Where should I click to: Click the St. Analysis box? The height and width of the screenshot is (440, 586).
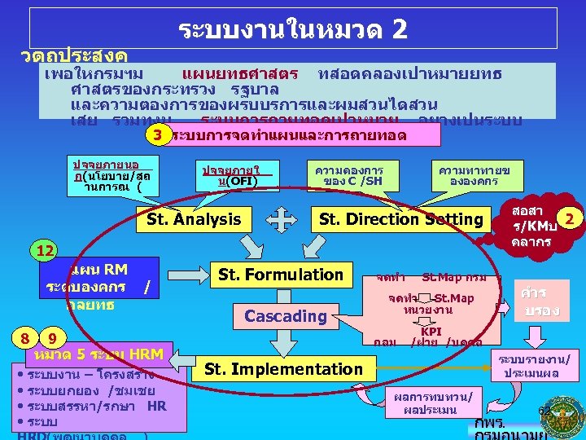193,219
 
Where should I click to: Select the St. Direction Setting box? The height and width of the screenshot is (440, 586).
401,219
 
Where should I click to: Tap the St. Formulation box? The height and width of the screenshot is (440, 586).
280,275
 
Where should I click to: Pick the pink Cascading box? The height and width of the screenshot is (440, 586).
285,315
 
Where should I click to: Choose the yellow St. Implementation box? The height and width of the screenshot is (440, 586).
282,369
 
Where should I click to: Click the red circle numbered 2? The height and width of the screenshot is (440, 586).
571,218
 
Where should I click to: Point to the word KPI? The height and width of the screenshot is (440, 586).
431,332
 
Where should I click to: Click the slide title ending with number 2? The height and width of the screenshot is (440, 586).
292,29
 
